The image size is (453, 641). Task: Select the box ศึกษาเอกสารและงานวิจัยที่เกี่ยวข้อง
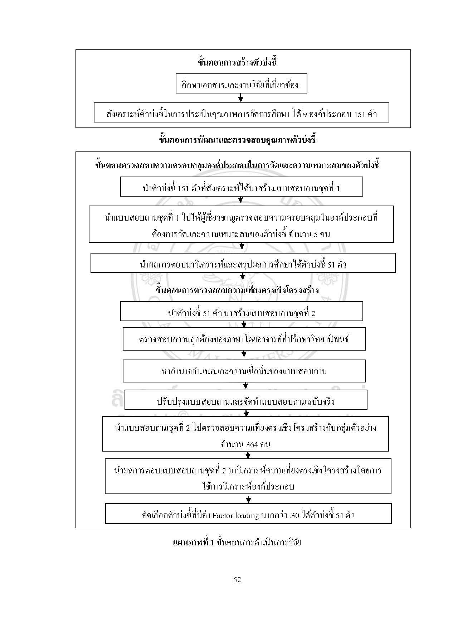click(241, 84)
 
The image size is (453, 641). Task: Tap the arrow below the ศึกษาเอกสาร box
click(241, 97)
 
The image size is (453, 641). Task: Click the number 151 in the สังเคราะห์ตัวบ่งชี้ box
click(359, 114)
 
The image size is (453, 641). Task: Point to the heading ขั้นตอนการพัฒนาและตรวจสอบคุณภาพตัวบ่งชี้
click(237, 140)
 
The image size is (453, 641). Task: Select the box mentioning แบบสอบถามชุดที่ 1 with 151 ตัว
click(241, 187)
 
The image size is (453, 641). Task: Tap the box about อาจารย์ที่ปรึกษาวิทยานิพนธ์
click(244, 339)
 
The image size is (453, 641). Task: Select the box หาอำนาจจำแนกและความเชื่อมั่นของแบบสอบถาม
click(244, 371)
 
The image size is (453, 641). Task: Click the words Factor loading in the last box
click(235, 516)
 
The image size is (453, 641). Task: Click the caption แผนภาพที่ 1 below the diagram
click(193, 542)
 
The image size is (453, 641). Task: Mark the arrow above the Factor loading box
click(249, 499)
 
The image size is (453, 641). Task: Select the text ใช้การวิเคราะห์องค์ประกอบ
click(248, 486)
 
